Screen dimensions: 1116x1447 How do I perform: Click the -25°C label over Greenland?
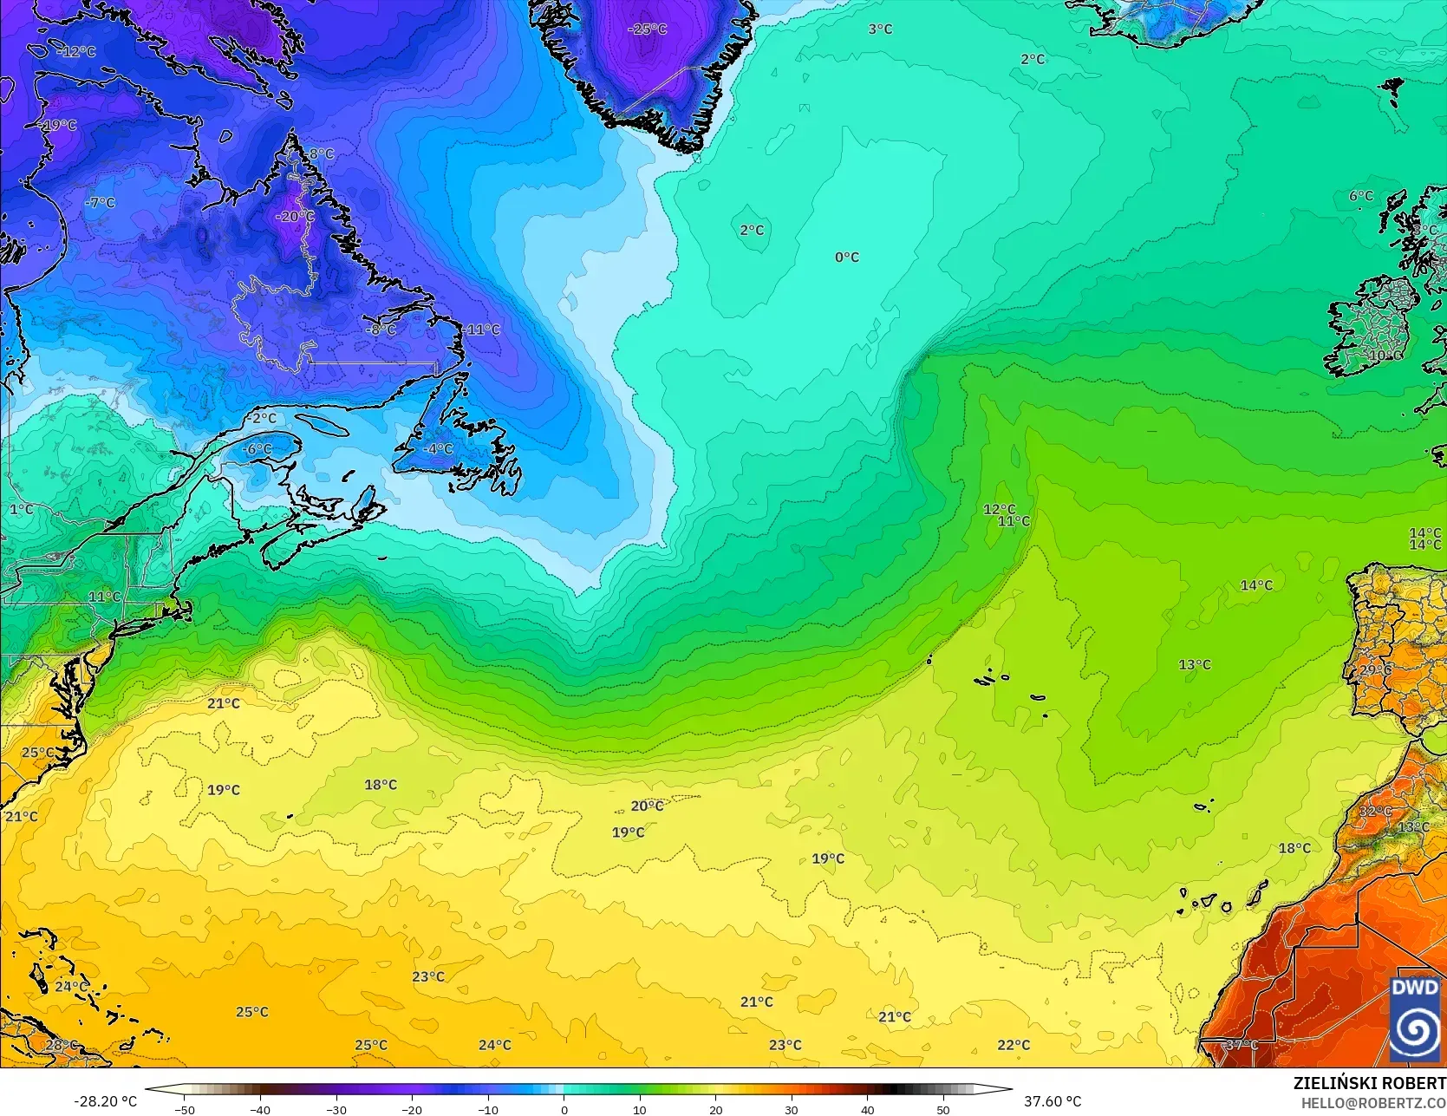648,29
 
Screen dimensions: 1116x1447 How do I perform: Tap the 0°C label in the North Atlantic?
847,258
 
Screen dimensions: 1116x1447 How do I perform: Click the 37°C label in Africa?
1242,1045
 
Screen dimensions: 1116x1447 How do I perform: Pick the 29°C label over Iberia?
1376,670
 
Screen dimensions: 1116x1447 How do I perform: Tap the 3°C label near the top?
880,29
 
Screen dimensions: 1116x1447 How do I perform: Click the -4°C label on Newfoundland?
439,449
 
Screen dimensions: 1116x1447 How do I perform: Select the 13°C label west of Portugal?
1195,665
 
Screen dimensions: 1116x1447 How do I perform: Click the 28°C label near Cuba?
61,1045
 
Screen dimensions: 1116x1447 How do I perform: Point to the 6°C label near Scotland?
1361,197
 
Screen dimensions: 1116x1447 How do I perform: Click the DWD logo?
1415,1019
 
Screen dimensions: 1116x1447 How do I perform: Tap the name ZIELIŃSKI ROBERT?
1369,1084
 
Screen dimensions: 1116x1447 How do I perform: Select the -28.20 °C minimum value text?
106,1101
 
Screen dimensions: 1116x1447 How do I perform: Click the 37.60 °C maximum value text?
1053,1101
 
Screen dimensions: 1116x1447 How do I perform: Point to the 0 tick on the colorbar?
564,1109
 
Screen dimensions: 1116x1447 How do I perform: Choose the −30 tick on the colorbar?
336,1109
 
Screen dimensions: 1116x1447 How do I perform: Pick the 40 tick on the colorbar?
868,1109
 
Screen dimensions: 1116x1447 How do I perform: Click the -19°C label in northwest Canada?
59,126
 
